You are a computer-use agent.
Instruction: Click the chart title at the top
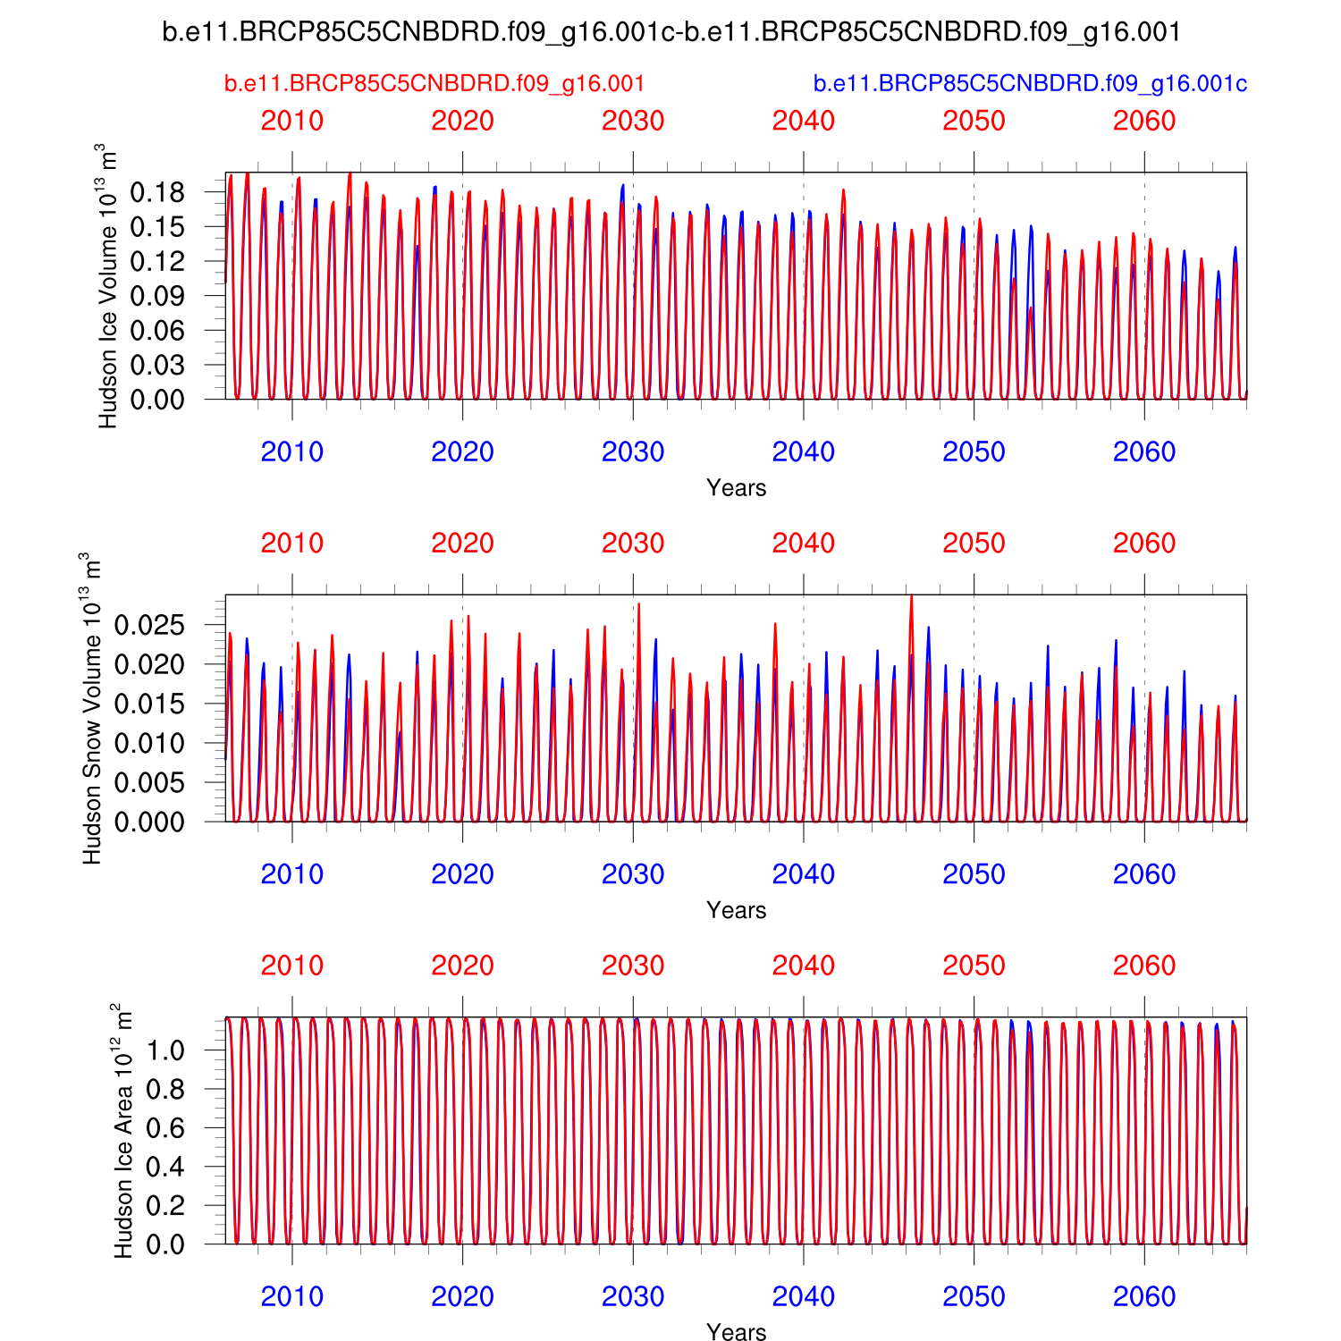(x=670, y=33)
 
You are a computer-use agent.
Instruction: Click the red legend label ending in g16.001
(x=434, y=84)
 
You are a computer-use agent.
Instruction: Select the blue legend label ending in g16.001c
(x=1030, y=84)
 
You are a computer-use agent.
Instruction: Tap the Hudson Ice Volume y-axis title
(x=108, y=286)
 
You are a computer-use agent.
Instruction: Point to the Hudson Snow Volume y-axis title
(x=92, y=708)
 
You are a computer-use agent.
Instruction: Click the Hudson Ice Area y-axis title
(x=123, y=1131)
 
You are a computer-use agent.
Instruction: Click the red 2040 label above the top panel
(x=803, y=121)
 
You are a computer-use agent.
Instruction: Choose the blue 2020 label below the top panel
(x=462, y=452)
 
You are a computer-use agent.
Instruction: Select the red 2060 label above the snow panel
(x=1144, y=544)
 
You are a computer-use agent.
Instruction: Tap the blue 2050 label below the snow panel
(x=974, y=874)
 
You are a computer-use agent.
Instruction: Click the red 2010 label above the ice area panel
(x=291, y=966)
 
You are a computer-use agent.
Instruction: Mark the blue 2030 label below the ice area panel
(x=633, y=1296)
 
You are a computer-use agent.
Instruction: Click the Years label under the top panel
(x=736, y=488)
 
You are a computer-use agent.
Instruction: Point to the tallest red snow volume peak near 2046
(x=911, y=597)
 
